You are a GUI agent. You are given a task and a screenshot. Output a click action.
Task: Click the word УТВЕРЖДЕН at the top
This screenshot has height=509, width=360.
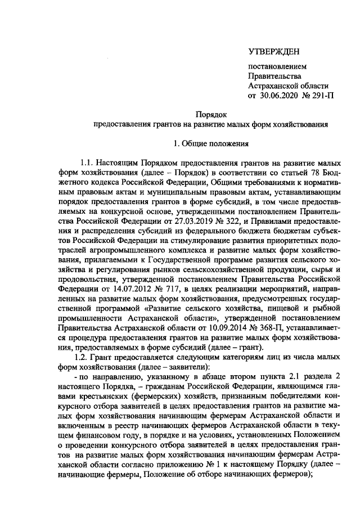point(274,52)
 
